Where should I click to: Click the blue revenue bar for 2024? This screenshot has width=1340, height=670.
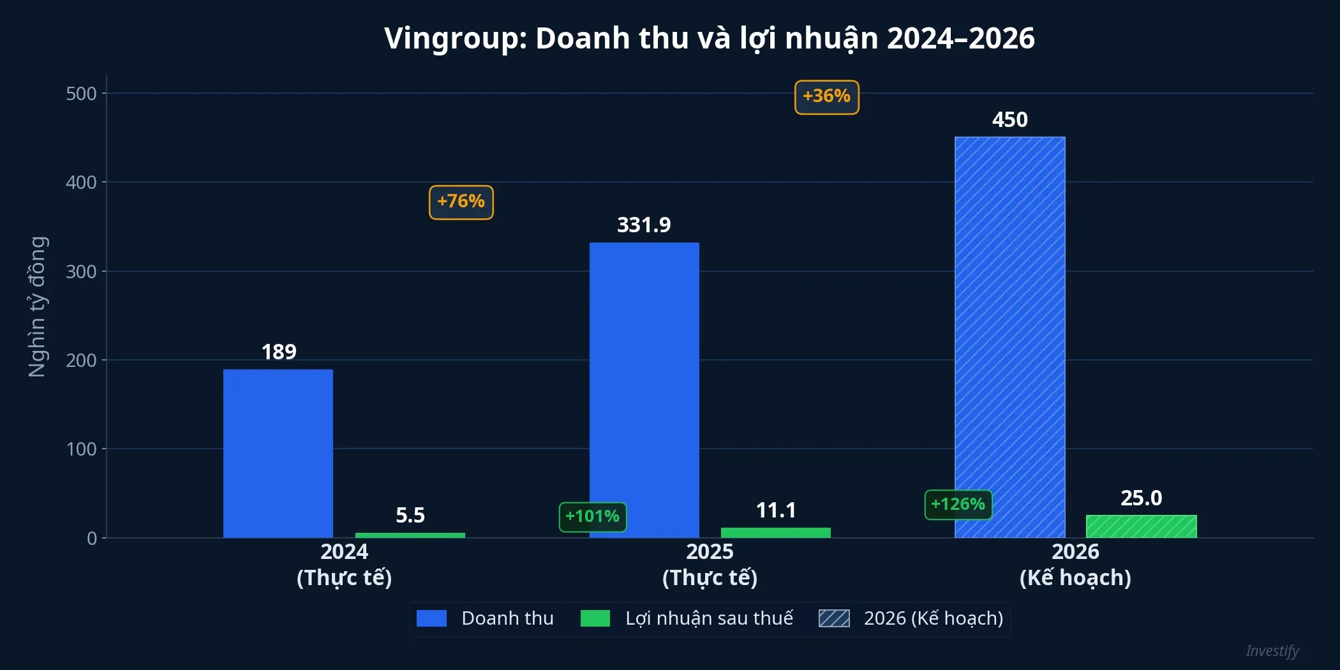point(278,453)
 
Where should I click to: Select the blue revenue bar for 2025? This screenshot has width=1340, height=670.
point(644,389)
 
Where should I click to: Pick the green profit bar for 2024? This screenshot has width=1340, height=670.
point(410,535)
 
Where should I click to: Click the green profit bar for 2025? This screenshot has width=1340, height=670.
point(776,533)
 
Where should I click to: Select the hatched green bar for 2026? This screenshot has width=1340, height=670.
point(1142,526)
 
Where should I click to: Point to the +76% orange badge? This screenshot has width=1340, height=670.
point(461,202)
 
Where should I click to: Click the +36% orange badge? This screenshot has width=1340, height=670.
point(827,97)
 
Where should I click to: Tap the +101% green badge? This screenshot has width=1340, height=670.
point(593,517)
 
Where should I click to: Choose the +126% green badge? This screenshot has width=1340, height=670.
point(958,505)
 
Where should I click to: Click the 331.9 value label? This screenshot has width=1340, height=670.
point(644,225)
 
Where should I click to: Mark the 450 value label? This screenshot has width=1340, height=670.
point(1010,120)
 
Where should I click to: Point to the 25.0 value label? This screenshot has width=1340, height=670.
point(1142,498)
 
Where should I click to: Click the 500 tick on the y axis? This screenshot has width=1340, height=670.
point(82,94)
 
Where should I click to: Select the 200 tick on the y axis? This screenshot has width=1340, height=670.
point(82,361)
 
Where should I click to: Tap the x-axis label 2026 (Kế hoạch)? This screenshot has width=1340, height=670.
point(1076,565)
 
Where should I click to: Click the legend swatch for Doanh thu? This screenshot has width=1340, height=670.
point(432,618)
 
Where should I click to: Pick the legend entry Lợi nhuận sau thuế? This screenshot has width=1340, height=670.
point(709,618)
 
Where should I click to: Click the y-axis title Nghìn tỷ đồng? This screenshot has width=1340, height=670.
point(38,306)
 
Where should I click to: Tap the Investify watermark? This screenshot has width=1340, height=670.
point(1272,651)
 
